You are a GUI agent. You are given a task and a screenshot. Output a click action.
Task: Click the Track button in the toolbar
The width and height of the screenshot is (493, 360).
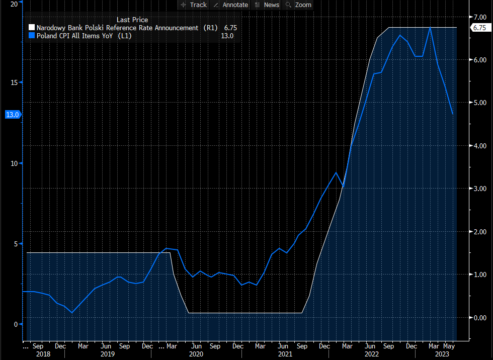click(x=194, y=5)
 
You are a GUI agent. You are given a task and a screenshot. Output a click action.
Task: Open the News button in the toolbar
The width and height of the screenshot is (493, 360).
click(x=267, y=5)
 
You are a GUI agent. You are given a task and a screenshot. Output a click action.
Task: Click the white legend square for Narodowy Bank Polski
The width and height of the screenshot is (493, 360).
click(x=32, y=28)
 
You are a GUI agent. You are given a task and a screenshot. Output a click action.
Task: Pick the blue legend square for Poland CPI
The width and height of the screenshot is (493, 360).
click(x=32, y=36)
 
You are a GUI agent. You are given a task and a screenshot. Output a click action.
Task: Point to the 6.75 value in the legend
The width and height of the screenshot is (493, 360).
click(x=230, y=28)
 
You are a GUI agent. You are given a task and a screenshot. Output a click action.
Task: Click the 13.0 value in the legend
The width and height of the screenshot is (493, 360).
click(x=227, y=36)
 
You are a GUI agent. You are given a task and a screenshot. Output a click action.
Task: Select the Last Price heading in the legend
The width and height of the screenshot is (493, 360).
click(x=132, y=20)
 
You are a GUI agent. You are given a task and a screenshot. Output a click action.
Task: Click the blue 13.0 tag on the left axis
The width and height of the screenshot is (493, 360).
click(x=12, y=115)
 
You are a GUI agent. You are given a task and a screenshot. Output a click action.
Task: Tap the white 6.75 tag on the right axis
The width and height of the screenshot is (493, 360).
click(x=478, y=28)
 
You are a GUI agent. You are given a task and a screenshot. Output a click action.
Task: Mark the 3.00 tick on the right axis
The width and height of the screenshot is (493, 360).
click(x=479, y=189)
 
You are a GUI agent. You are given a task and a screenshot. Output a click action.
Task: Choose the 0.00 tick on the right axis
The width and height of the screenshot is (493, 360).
click(x=479, y=317)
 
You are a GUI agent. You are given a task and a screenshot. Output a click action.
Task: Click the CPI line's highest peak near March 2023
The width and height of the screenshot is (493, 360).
click(x=430, y=28)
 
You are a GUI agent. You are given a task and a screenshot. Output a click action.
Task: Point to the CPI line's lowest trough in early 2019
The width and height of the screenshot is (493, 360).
click(x=71, y=313)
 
